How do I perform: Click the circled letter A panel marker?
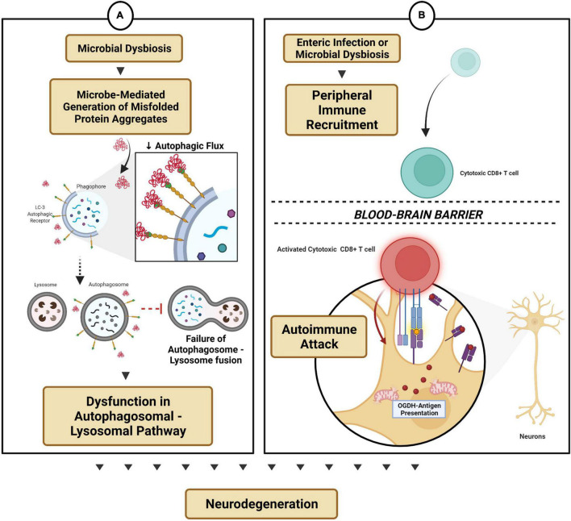[120, 15]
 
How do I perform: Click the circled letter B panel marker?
[422, 15]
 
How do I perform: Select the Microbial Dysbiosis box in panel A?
[124, 48]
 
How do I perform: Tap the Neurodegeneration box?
[261, 504]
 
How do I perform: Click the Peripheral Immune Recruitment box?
[342, 110]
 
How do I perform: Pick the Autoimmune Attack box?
[319, 336]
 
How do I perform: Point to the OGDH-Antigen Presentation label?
[419, 409]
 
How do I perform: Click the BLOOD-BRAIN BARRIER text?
[419, 215]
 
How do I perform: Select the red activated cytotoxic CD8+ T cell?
[410, 262]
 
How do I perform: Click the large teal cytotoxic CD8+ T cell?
[427, 172]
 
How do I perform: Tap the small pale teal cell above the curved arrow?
[465, 62]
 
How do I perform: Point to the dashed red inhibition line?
[152, 309]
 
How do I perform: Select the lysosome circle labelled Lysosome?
[47, 311]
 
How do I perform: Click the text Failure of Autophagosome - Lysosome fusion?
[206, 349]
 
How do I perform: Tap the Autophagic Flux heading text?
[185, 146]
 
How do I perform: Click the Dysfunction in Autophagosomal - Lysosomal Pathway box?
[127, 416]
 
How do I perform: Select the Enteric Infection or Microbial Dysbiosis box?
[342, 48]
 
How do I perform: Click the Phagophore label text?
[91, 186]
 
